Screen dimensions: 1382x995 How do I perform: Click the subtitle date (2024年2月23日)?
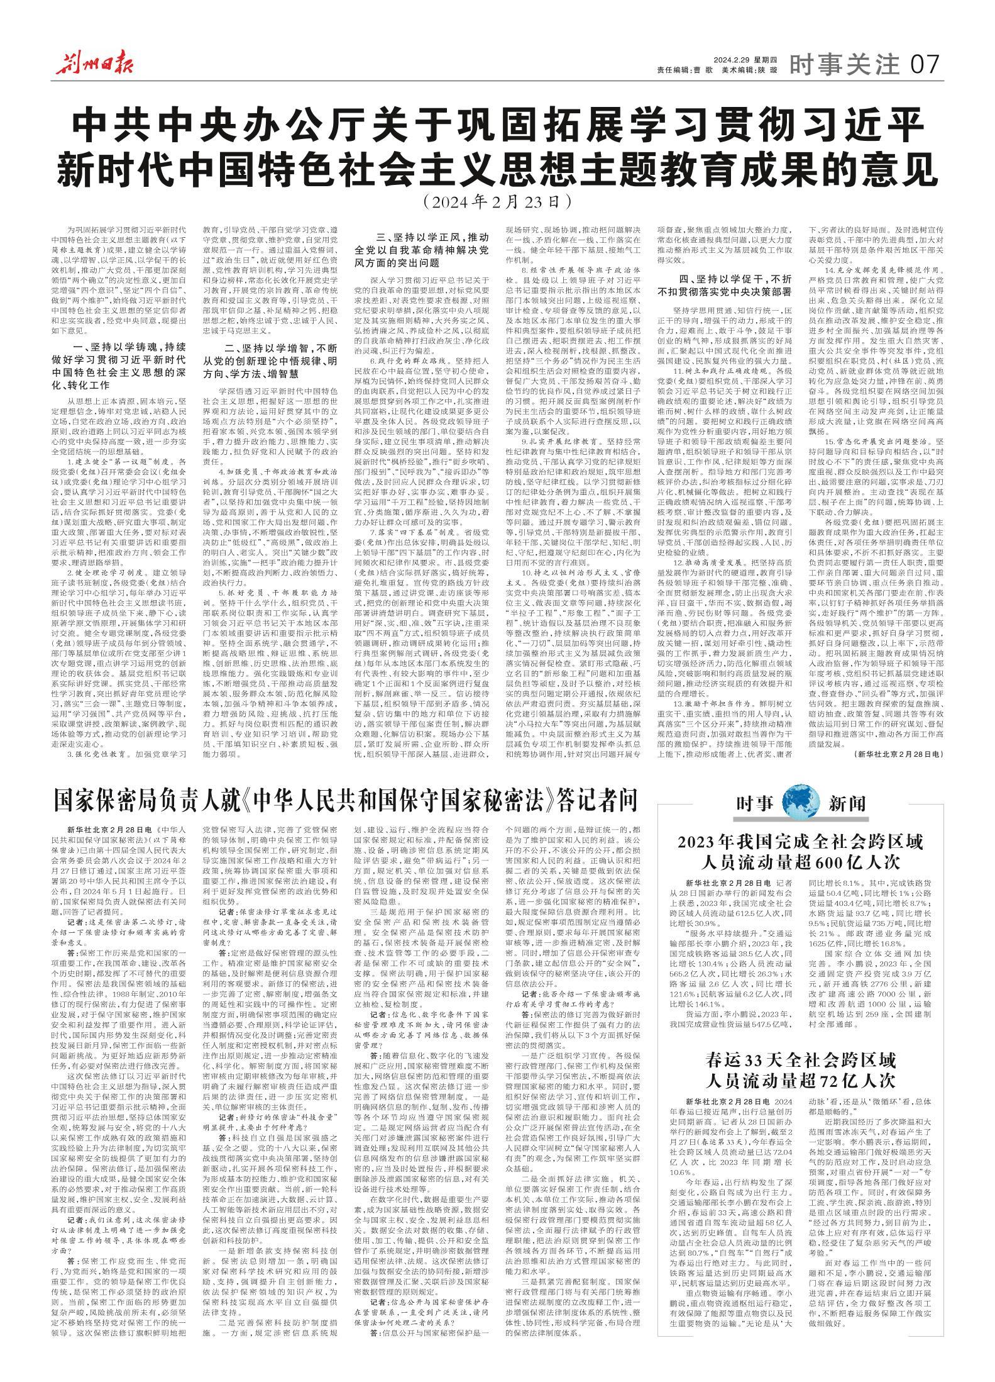tap(497, 202)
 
